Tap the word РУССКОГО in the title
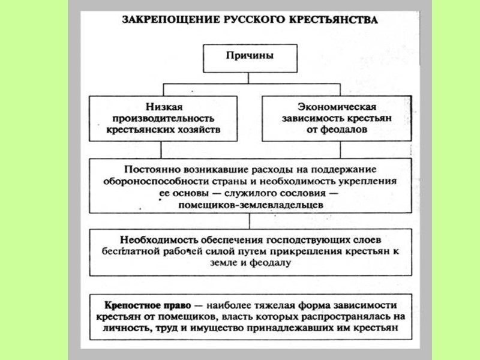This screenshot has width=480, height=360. [x=235, y=19]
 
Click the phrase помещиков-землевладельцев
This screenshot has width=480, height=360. [x=251, y=205]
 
